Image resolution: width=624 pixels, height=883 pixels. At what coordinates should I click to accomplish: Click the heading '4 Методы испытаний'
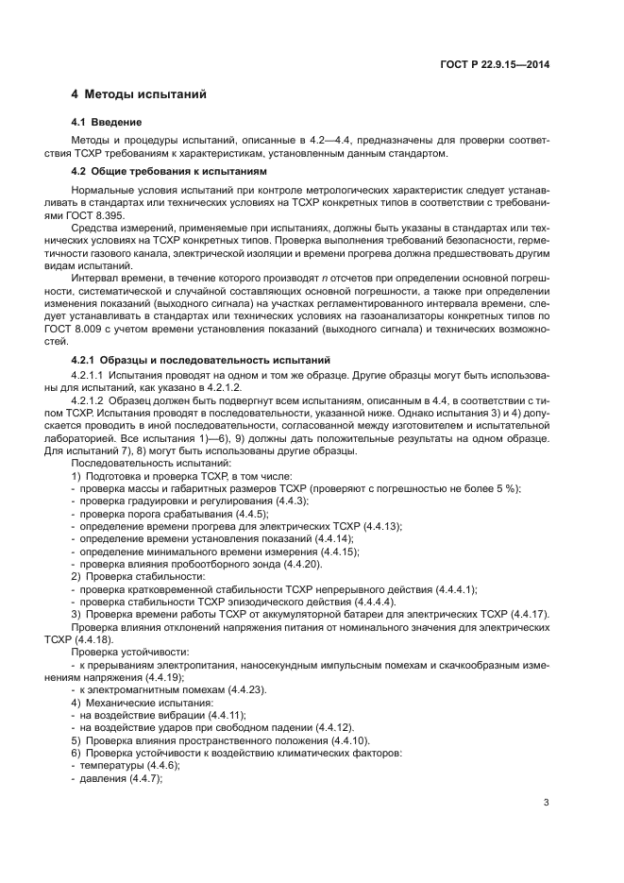(x=139, y=94)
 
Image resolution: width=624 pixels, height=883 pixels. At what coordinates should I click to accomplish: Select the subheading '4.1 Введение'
(x=107, y=123)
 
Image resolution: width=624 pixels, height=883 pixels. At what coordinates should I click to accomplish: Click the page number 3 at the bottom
(x=547, y=804)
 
